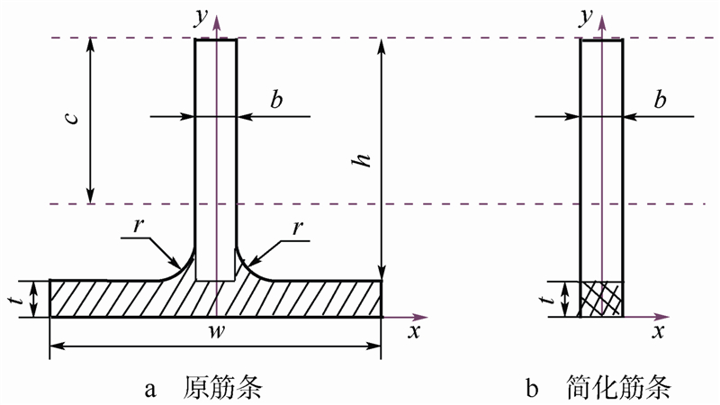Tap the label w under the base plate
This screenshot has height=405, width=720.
click(217, 334)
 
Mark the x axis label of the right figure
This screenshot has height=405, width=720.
click(659, 332)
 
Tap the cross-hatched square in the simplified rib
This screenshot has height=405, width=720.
click(601, 299)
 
